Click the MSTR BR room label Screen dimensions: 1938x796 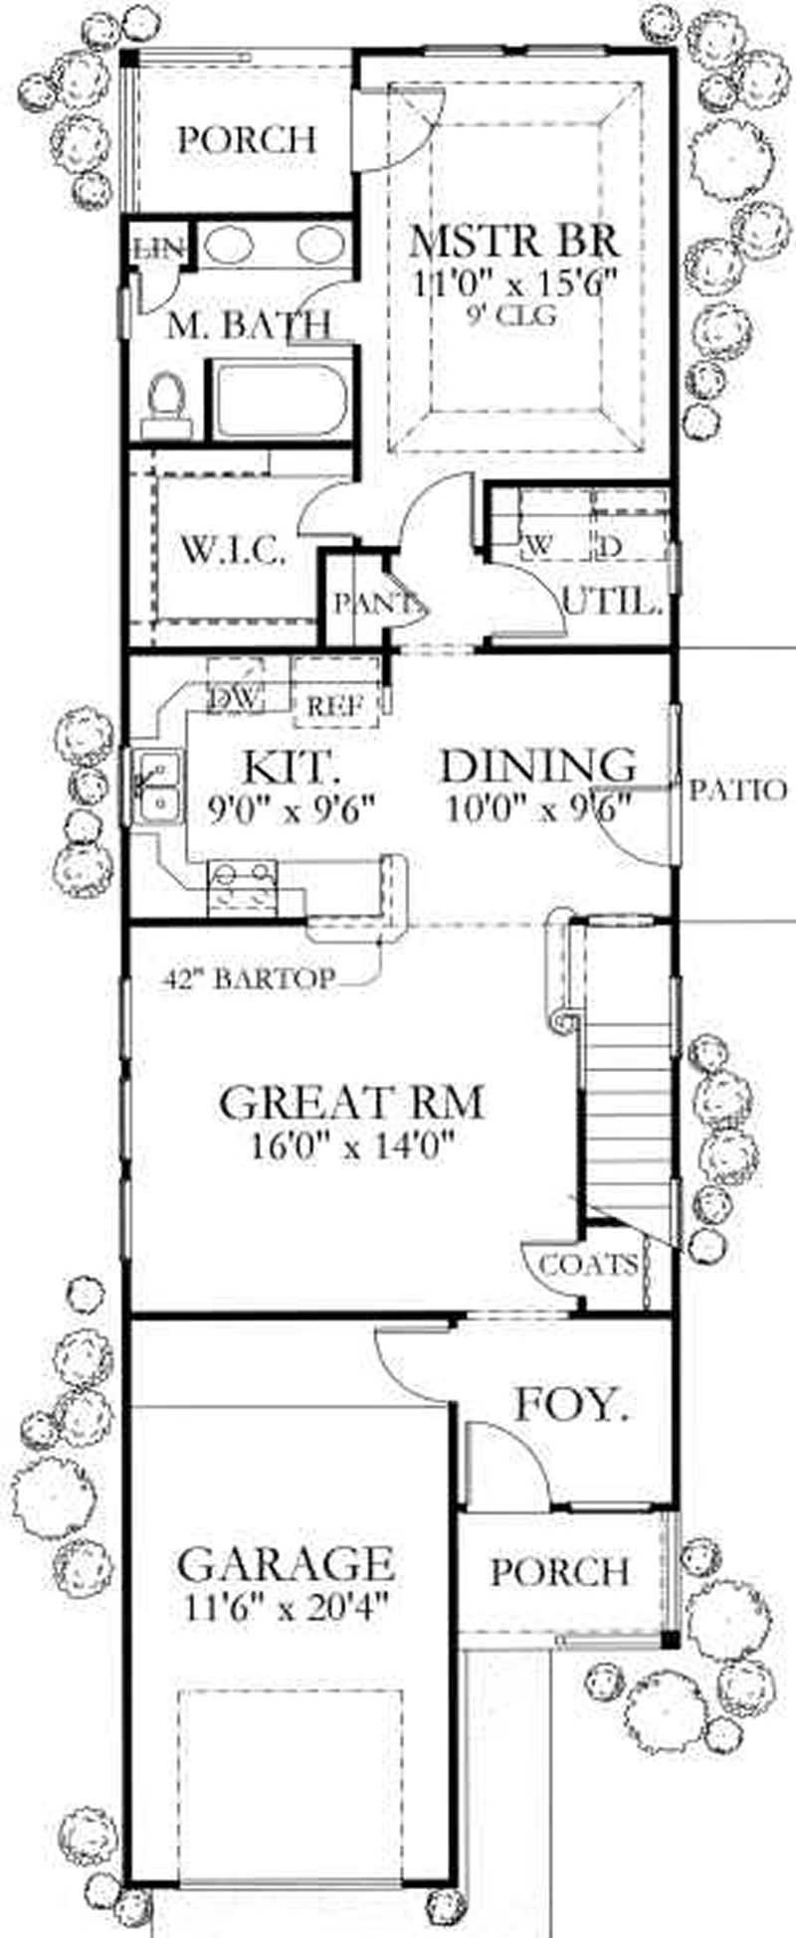point(515,242)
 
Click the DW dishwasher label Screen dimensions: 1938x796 point(235,699)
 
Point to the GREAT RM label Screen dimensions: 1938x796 point(351,1103)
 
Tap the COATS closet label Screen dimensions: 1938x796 point(587,1265)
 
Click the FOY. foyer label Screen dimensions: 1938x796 point(571,1406)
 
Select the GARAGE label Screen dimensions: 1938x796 point(286,1564)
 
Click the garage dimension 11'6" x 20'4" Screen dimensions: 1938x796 point(286,1607)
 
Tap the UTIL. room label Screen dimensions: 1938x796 point(612,601)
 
